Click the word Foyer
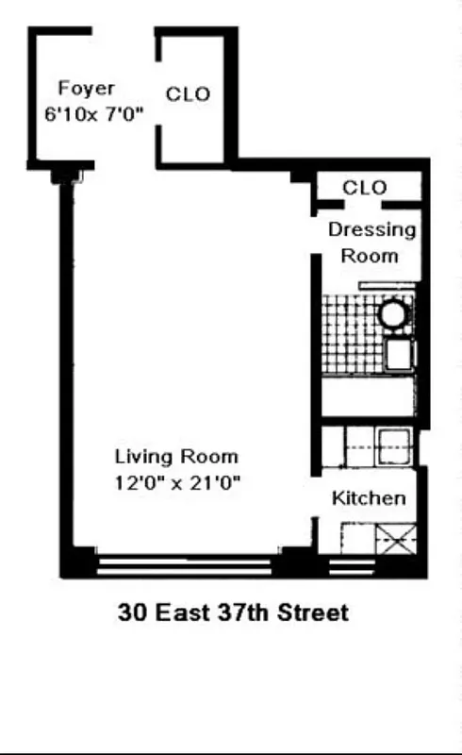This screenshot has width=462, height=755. pyautogui.click(x=87, y=89)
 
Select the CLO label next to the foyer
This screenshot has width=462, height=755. pyautogui.click(x=188, y=94)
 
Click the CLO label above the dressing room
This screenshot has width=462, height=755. pyautogui.click(x=364, y=188)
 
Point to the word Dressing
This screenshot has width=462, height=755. pyautogui.click(x=371, y=229)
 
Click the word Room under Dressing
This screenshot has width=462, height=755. pyautogui.click(x=369, y=255)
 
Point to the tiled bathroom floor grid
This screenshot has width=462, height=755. pyautogui.click(x=349, y=330)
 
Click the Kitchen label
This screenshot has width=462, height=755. pyautogui.click(x=369, y=498)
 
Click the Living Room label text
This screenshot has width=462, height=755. pyautogui.click(x=176, y=457)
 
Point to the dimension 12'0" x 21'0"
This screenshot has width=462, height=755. pyautogui.click(x=176, y=481)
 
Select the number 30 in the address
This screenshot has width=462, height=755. pyautogui.click(x=131, y=612)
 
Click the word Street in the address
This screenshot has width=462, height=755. pyautogui.click(x=313, y=612)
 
